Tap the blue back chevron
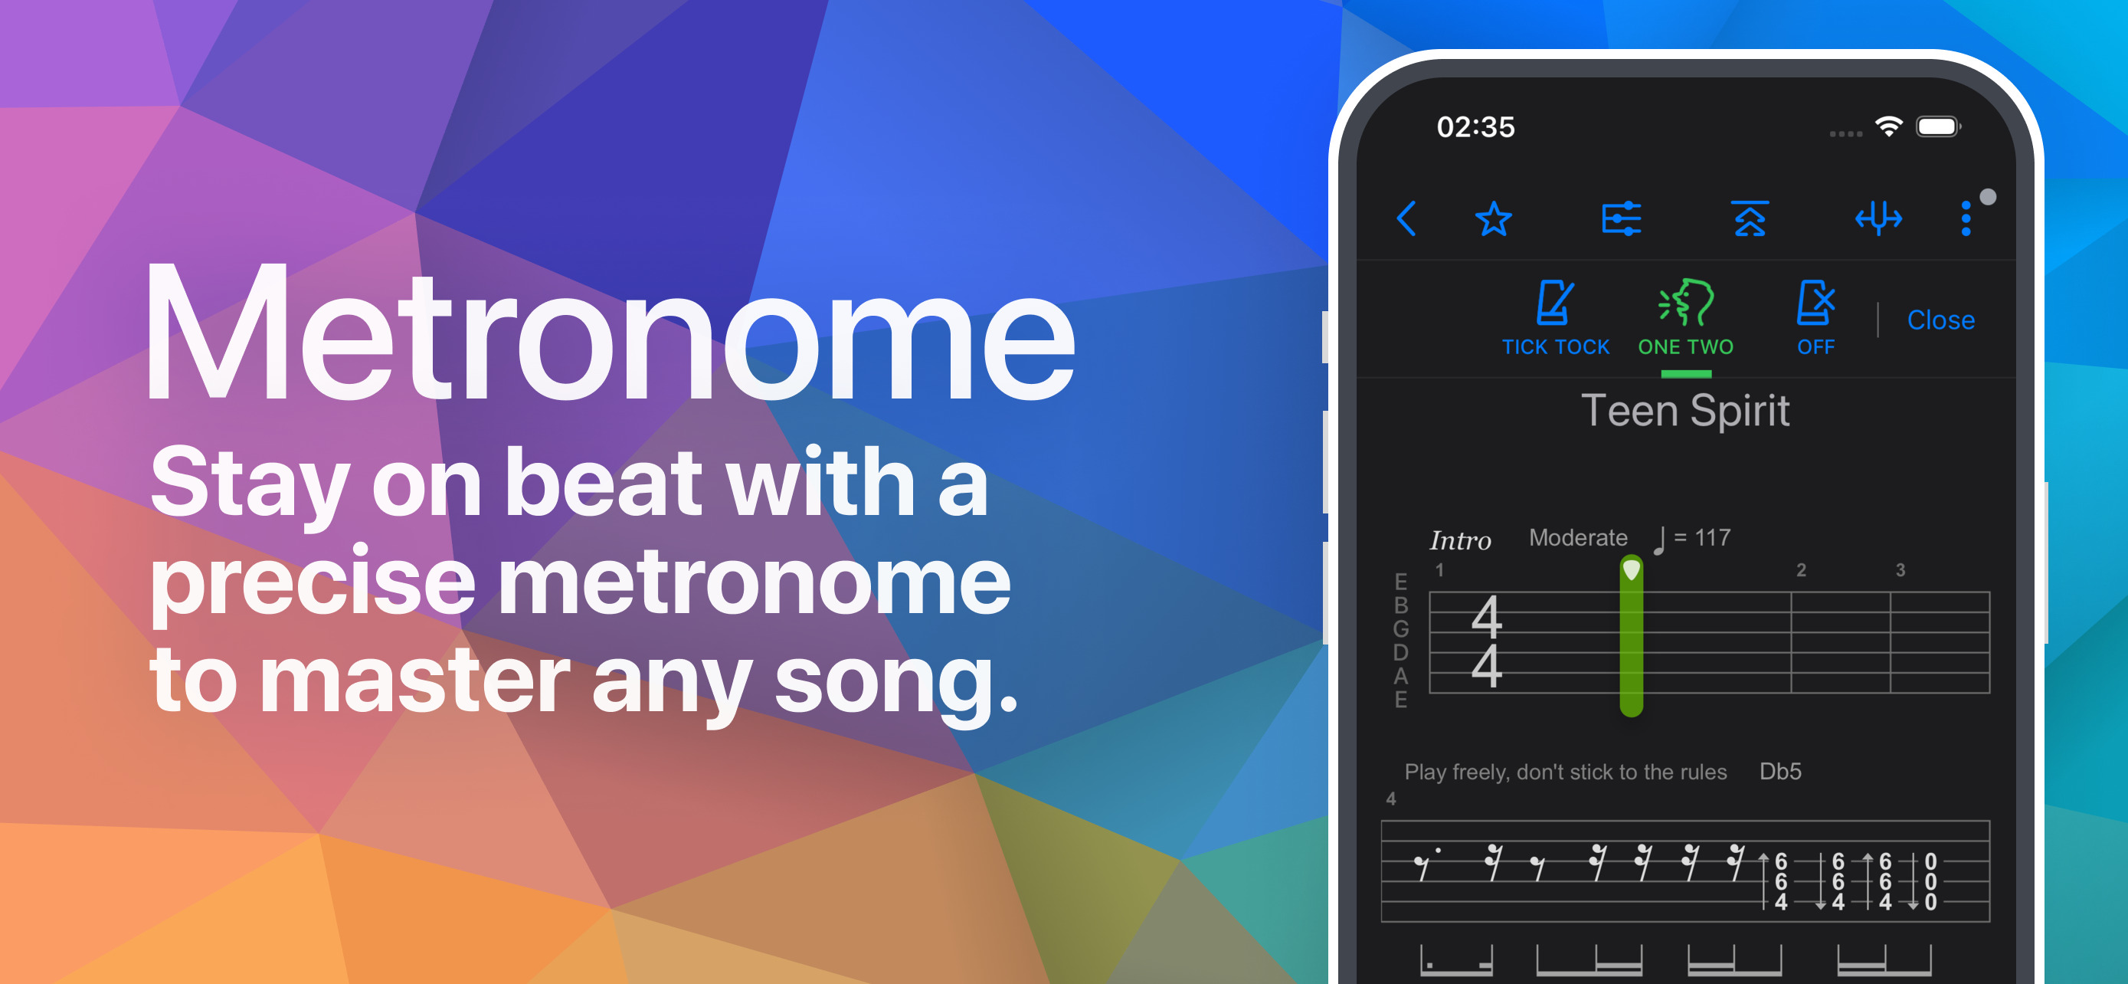(1406, 218)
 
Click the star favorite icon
(1494, 219)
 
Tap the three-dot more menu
(1966, 219)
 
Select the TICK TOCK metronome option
(1555, 319)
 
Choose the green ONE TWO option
(1685, 319)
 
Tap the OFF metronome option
(1815, 319)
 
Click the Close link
(1940, 320)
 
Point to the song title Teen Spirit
(1685, 411)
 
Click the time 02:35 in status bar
(1475, 127)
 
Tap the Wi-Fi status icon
(1888, 126)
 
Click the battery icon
(1938, 126)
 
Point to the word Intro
(1460, 540)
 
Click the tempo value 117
(1713, 538)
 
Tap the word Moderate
(1578, 538)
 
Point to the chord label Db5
(1780, 771)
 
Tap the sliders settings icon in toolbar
(1622, 219)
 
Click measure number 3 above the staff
(1900, 570)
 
